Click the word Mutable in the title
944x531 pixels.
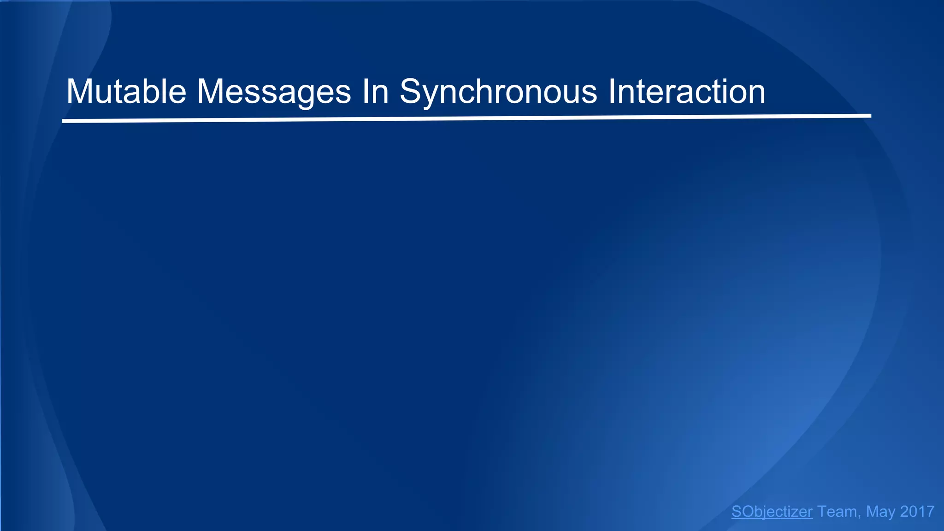point(126,92)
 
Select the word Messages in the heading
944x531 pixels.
point(274,92)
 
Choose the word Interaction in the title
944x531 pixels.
point(687,92)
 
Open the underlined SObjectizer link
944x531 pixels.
point(772,512)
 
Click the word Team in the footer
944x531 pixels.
point(838,512)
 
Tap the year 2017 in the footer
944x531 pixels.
point(917,512)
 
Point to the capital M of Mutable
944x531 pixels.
point(81,92)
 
